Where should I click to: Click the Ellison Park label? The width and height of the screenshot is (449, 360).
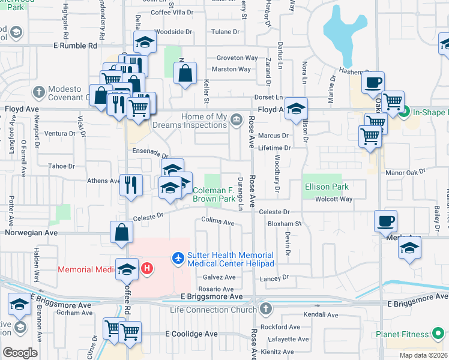(326, 187)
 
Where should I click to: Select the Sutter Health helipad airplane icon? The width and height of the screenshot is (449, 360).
(178, 258)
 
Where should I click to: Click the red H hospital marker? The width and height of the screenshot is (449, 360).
(148, 269)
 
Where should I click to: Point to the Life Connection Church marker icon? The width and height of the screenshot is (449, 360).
(265, 310)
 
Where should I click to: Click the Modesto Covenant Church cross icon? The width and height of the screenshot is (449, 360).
(39, 92)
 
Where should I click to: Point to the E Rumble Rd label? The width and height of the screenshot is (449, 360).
(75, 45)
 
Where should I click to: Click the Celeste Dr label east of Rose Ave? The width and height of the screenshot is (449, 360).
(274, 212)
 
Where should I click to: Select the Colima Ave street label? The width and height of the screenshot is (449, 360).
(218, 222)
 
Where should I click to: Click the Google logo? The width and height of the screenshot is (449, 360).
(20, 353)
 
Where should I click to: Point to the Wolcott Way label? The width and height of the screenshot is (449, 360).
(334, 199)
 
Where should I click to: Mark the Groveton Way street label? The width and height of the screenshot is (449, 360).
(237, 58)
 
